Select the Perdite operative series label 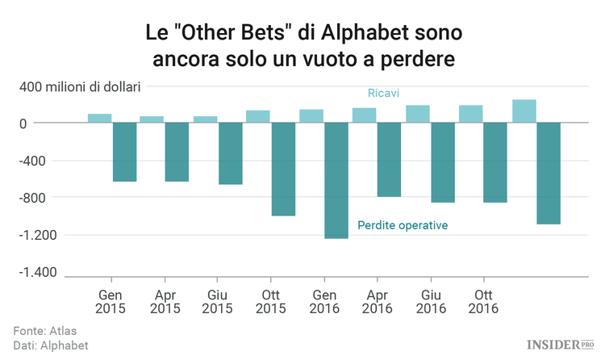403,225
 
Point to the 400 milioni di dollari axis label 81,86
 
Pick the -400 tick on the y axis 34,161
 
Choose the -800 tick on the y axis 34,198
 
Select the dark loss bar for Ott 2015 283,169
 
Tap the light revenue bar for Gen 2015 99,118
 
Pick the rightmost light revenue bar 524,111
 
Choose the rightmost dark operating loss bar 549,173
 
